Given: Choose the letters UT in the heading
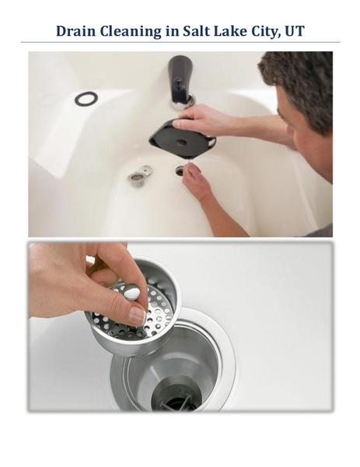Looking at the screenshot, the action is [295, 31].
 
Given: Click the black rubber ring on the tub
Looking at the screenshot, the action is [86, 99].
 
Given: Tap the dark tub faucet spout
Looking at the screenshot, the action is [180, 78].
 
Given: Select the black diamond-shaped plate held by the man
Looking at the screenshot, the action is [182, 139].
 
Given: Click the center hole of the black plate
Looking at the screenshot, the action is [181, 143].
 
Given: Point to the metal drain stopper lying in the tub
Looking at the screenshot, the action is [140, 177].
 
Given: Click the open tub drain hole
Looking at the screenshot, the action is [180, 170].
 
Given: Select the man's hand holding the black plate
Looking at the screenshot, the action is [197, 118].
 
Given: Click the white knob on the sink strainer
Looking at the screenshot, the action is [131, 292].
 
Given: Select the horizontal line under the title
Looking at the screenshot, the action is [180, 42].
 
